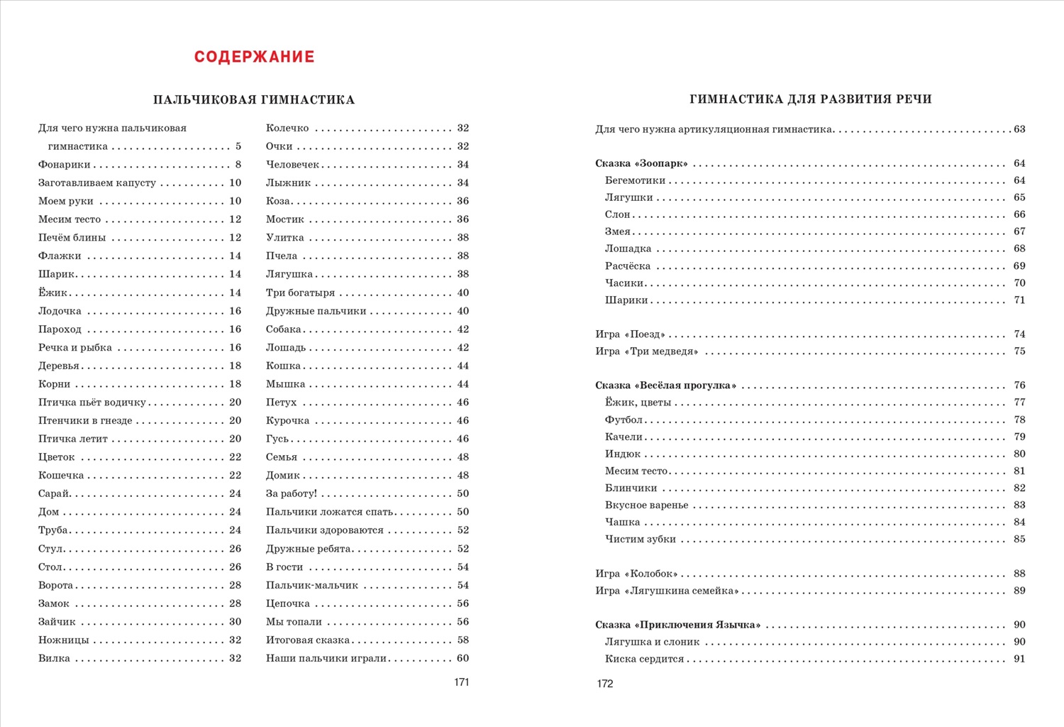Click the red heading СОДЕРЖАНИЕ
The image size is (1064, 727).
click(x=254, y=57)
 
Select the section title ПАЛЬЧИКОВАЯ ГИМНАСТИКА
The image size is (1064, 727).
click(x=254, y=100)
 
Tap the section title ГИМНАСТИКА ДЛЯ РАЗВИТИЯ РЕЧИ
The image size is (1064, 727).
click(x=810, y=99)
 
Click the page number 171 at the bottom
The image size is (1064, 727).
click(x=461, y=682)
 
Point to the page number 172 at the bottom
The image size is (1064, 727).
click(x=604, y=684)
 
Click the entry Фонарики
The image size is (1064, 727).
click(x=65, y=165)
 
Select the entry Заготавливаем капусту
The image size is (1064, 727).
click(x=97, y=183)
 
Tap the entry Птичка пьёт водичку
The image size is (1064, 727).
click(x=92, y=403)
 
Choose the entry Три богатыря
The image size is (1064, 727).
click(x=300, y=293)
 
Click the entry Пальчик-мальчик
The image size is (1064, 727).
click(x=312, y=586)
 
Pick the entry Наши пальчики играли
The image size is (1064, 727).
click(x=326, y=659)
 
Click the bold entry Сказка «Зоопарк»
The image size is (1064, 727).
click(x=641, y=164)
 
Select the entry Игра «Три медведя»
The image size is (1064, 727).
click(x=646, y=351)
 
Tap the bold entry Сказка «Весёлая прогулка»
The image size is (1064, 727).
click(x=665, y=386)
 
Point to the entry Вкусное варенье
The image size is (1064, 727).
click(x=646, y=505)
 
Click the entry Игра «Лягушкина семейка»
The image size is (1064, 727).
click(x=667, y=591)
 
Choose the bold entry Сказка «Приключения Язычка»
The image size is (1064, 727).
click(x=677, y=625)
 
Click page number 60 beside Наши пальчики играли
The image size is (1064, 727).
click(x=462, y=659)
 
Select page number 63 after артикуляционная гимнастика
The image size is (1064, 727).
click(x=1019, y=129)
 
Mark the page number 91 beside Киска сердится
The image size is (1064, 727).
click(x=1019, y=660)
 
